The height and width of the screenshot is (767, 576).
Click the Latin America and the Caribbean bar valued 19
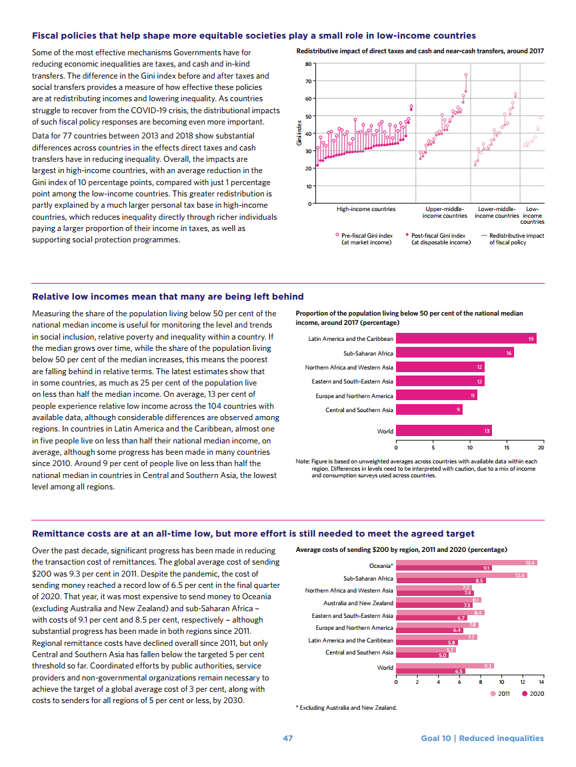point(467,339)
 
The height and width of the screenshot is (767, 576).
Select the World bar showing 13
point(444,431)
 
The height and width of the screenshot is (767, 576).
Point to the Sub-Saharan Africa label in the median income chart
point(368,354)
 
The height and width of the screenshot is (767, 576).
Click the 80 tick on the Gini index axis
point(308,64)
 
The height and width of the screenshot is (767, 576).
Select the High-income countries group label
point(366,209)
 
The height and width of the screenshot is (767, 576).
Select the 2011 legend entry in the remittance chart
point(500,694)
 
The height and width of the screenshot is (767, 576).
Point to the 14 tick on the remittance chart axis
point(541,682)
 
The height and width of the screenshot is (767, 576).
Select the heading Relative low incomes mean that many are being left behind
point(168,296)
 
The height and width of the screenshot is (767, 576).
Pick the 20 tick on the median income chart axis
point(541,447)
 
